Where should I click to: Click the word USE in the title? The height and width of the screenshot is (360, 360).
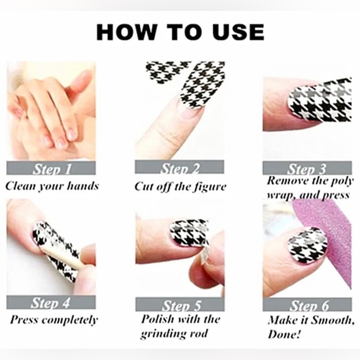[238, 32]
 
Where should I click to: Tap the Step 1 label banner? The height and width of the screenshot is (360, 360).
[51, 168]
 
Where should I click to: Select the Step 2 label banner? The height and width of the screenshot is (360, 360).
[179, 167]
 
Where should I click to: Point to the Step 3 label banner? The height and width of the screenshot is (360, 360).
[307, 168]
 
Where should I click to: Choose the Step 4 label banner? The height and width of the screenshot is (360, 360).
[51, 302]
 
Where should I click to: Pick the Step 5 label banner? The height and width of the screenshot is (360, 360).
[180, 304]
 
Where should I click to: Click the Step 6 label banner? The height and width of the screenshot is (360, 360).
[307, 305]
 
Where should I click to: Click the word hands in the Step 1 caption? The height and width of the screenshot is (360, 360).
[83, 186]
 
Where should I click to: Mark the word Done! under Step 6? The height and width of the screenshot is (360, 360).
[284, 335]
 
